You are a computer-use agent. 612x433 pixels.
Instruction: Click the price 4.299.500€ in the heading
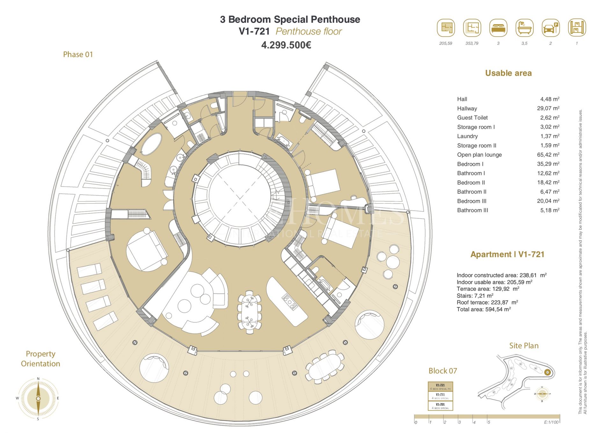pos(286,45)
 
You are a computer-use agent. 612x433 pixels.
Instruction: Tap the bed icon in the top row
pos(498,28)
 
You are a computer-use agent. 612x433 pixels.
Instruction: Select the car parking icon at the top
pos(550,28)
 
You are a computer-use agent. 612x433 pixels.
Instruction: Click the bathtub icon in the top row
pos(524,28)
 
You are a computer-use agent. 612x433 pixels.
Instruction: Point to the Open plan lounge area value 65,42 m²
pos(548,155)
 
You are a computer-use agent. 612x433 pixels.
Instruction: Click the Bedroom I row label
pos(470,164)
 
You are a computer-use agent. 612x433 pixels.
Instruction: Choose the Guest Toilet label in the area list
pos(472,118)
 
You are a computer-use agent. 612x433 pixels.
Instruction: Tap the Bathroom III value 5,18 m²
pos(550,210)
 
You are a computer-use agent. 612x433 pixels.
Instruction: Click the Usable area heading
pos(508,73)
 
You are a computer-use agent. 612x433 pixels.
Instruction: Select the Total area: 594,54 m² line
pos(484,309)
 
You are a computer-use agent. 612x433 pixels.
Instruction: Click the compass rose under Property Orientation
pos(38,399)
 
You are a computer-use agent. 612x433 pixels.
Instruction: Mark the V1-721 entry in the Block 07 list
pos(440,386)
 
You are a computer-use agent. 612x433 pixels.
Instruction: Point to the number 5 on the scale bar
pos(489,422)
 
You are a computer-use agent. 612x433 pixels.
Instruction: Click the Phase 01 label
pos(78,55)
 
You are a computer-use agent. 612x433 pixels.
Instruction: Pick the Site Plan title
pos(524,346)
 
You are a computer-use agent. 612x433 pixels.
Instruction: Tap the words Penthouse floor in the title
pos(309,32)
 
